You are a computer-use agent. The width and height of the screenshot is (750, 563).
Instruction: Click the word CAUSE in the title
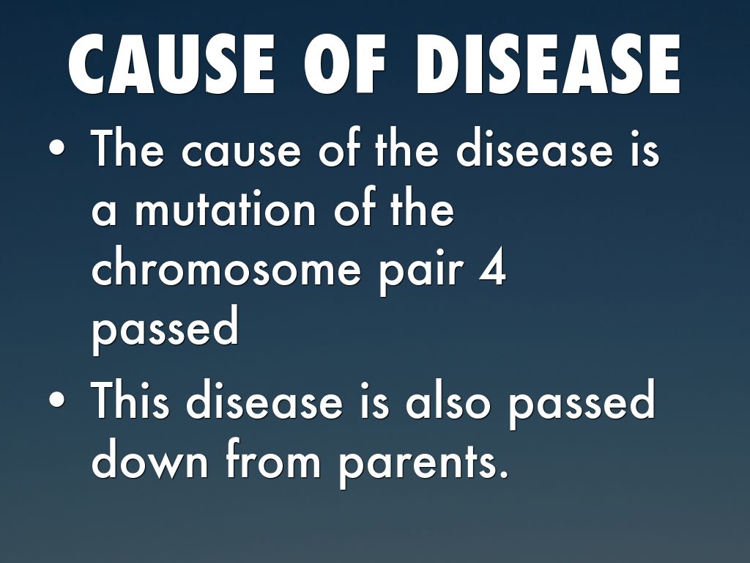click(x=171, y=65)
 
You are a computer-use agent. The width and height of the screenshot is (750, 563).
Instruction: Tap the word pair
click(x=421, y=273)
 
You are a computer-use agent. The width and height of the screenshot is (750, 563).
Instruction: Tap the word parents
click(x=418, y=464)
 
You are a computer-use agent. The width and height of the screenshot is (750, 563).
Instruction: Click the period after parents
click(x=502, y=474)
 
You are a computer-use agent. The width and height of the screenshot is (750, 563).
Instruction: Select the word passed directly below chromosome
click(x=165, y=331)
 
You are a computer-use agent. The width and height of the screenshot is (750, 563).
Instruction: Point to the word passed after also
click(x=581, y=405)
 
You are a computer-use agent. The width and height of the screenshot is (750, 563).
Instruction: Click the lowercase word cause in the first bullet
click(x=241, y=153)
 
